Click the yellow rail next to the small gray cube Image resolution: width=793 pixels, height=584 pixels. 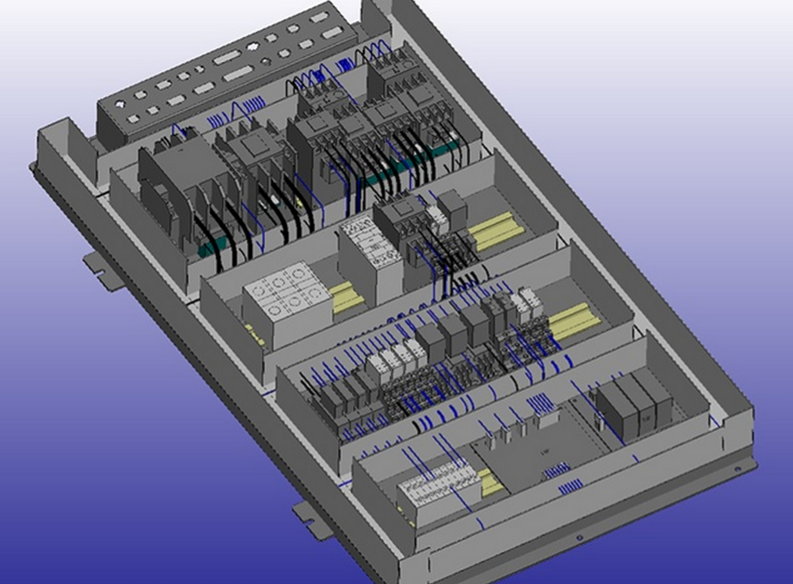point(495,229)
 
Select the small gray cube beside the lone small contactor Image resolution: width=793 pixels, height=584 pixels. point(452,205)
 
